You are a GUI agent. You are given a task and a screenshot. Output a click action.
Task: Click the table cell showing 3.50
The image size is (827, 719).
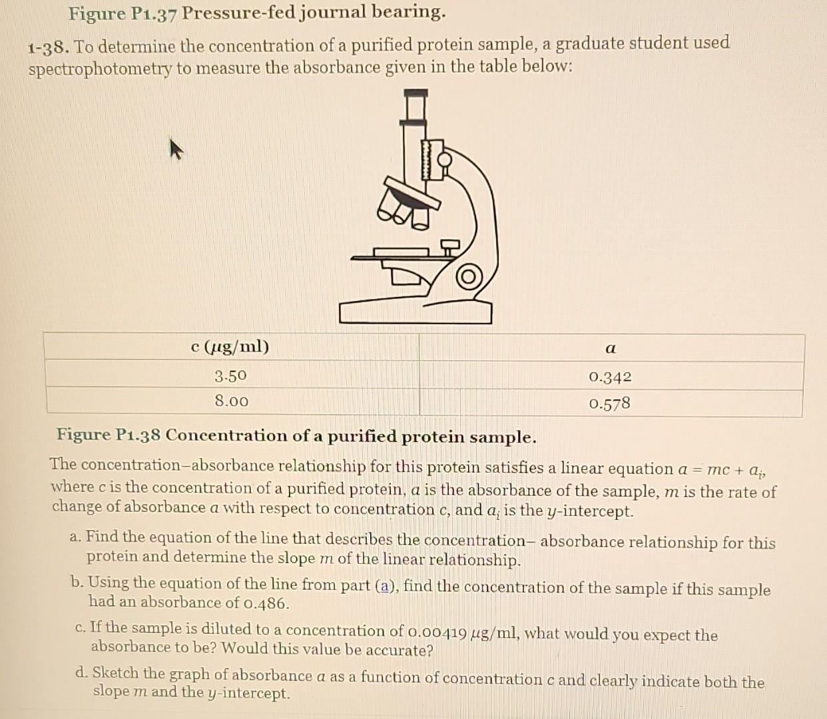click(230, 376)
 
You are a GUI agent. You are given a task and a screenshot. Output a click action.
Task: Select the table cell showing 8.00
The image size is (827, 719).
click(231, 401)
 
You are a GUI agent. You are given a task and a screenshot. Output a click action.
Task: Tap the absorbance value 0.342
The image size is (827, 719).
click(610, 377)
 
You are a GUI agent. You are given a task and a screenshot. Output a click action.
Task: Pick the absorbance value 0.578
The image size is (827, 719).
click(609, 403)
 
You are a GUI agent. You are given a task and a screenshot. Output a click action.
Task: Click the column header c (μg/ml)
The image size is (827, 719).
click(230, 347)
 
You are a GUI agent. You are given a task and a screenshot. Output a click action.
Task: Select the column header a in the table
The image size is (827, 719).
click(611, 348)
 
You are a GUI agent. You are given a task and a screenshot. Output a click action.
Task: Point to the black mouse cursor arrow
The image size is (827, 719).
click(174, 148)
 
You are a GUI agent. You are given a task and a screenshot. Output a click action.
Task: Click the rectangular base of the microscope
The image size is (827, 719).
click(415, 312)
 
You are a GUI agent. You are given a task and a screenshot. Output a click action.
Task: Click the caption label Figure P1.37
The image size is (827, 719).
click(123, 13)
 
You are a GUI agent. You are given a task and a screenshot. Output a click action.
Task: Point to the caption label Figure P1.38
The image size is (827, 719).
click(109, 435)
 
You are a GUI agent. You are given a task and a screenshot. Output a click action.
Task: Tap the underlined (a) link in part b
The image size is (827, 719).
click(386, 586)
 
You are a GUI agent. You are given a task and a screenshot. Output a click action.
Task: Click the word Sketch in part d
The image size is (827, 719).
click(116, 673)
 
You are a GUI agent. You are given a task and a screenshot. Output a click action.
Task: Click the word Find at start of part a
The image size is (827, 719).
click(102, 537)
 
